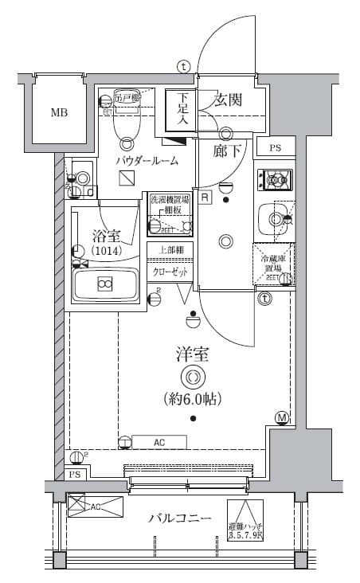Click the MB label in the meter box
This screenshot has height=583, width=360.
59,112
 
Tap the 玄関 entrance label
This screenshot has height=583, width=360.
228,101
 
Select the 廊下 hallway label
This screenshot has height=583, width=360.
227,150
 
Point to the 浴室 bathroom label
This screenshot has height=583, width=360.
105,235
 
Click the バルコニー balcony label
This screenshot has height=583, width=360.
180,518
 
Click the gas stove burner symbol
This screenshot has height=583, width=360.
276,181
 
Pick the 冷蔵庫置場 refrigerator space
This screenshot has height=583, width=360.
274,264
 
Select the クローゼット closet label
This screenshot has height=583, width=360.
169,272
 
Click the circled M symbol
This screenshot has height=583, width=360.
281,418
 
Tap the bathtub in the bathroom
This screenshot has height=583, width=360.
104,283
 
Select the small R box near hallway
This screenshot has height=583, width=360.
205,197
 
